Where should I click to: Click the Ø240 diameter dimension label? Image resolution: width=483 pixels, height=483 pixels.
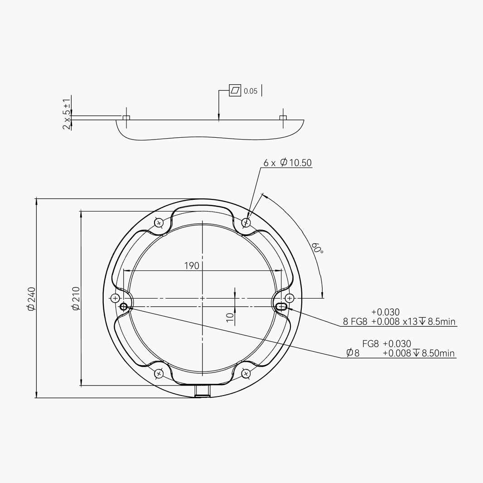click(x=31, y=299)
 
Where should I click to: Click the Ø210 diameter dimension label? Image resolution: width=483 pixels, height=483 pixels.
click(x=76, y=299)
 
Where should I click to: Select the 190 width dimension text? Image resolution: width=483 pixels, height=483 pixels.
click(x=192, y=266)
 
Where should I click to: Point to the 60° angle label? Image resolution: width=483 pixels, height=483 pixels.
click(x=317, y=248)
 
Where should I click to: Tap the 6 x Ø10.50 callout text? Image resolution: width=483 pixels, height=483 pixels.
click(x=287, y=162)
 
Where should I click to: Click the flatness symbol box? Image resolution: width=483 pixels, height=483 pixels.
click(x=235, y=90)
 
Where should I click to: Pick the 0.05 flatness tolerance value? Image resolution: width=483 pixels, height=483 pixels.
click(x=251, y=91)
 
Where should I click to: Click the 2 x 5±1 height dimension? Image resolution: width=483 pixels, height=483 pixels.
click(x=67, y=114)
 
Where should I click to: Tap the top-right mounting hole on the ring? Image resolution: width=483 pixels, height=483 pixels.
click(x=246, y=222)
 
